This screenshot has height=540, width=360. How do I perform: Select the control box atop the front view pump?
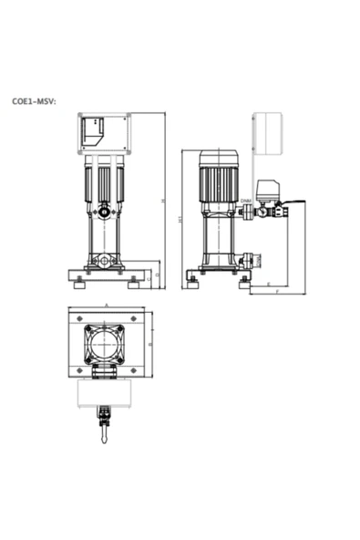[x=103, y=134]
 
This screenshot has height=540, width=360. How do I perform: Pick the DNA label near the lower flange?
[x=246, y=254]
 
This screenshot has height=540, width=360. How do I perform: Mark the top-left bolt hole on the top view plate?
[x=76, y=318]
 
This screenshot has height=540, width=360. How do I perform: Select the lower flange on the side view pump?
[x=243, y=263]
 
